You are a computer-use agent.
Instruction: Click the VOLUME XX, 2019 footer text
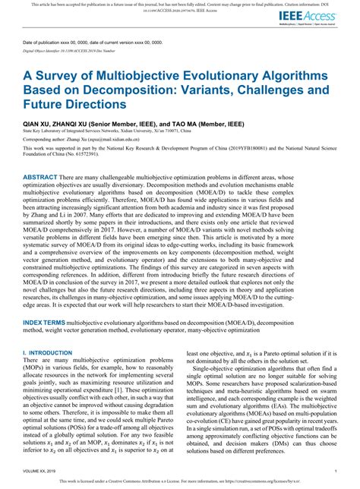click(x=45, y=472)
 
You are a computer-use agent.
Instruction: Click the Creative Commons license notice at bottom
click(x=179, y=481)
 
